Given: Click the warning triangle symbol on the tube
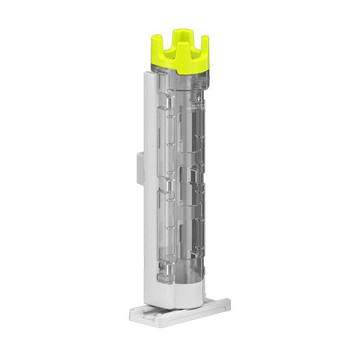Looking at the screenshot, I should point(199,99).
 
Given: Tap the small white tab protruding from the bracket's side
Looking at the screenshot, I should point(140,168).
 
